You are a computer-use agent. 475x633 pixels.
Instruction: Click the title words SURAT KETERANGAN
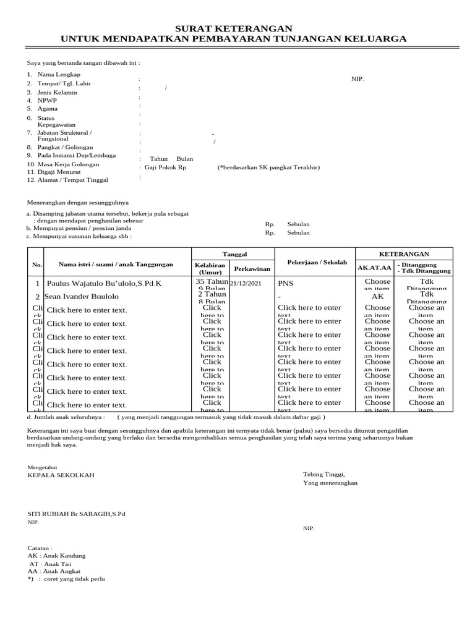234,28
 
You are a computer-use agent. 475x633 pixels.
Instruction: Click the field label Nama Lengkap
59,74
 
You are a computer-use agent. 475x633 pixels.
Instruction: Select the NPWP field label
46,100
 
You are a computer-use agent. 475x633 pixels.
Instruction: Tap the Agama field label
48,108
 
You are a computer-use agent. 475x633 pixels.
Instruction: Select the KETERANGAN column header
403,254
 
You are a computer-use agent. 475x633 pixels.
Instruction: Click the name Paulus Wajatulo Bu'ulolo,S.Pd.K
105,283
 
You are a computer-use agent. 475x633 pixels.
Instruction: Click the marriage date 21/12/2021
246,283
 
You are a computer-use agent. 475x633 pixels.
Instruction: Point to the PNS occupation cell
286,283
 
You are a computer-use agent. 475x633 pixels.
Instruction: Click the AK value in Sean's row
377,297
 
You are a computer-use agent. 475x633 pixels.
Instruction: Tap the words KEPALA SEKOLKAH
61,475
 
